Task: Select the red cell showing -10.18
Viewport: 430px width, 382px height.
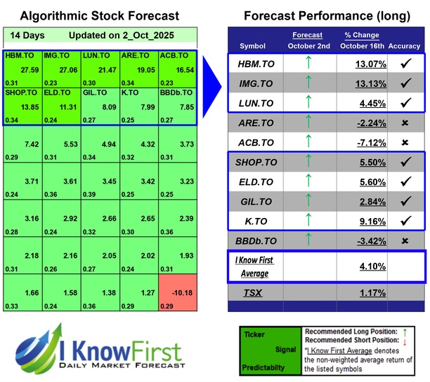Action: coord(177,294)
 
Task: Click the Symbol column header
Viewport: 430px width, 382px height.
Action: coord(253,46)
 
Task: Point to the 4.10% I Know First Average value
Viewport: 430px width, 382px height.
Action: coord(362,266)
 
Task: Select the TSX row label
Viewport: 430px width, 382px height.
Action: coord(253,293)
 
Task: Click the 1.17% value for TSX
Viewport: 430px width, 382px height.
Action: coord(362,293)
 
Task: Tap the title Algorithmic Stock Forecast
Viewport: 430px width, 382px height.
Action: coord(100,15)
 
